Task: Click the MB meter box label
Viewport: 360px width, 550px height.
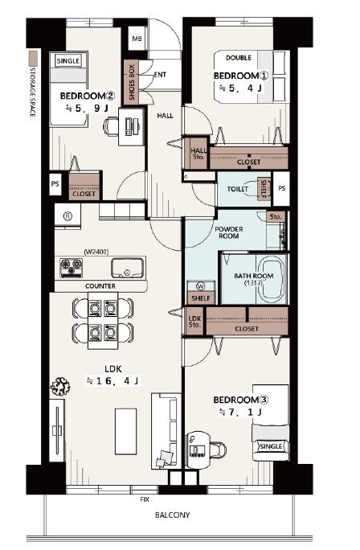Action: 137,39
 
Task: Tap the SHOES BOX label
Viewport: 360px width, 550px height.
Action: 132,82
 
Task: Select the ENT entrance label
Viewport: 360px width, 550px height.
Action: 160,75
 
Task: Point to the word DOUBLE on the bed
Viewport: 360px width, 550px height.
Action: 239,58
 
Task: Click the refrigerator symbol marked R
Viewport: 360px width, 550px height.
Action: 67,216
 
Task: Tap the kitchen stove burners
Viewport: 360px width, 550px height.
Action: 72,268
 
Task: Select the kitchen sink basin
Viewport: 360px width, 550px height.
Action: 128,268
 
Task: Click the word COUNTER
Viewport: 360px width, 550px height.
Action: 100,286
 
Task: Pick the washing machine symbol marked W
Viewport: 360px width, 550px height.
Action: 201,286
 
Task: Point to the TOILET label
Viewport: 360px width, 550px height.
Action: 237,189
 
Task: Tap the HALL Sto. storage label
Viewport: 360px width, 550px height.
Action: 198,154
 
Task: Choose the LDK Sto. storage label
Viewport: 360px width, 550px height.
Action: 194,322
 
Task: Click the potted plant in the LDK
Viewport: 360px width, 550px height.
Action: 60,386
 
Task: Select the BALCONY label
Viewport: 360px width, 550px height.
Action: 172,515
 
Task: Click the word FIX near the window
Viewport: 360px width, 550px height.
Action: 145,499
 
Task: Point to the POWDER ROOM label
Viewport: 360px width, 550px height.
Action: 228,232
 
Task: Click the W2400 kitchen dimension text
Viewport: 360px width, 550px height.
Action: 96,252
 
